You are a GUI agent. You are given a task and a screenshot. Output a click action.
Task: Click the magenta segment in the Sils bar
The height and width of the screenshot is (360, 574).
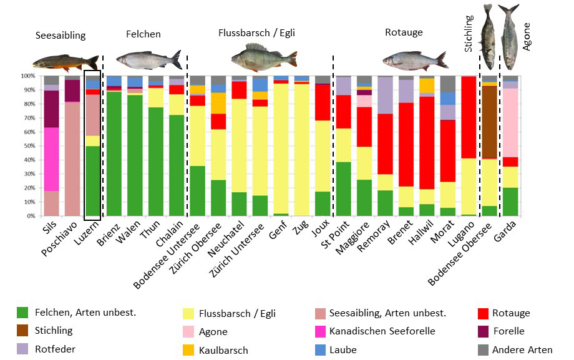tap(51, 159)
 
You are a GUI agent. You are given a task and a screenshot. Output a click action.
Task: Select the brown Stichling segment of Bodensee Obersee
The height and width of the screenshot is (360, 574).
tap(489, 122)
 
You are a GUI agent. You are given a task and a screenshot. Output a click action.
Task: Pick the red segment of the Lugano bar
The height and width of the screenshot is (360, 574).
tap(469, 117)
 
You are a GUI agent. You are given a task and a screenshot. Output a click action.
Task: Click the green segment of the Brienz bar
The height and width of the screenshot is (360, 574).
tap(114, 154)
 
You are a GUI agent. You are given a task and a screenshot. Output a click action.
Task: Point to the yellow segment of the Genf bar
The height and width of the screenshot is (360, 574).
tap(281, 148)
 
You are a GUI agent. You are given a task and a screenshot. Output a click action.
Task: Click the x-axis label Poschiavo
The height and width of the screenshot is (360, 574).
tap(60, 239)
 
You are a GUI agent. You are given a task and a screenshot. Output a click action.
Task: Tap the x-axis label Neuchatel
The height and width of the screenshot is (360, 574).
tap(226, 239)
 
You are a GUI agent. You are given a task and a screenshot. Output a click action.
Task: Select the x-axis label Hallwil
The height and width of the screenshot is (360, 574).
tap(421, 232)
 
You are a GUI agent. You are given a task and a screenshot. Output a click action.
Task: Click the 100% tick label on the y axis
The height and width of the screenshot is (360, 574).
tap(28, 76)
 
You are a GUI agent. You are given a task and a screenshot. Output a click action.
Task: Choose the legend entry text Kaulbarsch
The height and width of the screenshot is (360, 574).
tap(223, 351)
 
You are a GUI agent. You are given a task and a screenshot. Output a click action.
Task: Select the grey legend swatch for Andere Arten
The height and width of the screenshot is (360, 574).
tap(483, 350)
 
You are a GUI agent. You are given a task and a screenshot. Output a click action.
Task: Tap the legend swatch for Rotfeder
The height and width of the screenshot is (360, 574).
tap(22, 349)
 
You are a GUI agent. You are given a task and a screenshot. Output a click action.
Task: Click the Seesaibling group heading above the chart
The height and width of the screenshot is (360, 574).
tap(61, 36)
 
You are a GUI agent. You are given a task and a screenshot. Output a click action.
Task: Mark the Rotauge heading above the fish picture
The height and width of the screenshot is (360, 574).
tap(404, 32)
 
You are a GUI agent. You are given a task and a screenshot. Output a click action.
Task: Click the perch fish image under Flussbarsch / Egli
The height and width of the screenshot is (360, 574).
tap(264, 57)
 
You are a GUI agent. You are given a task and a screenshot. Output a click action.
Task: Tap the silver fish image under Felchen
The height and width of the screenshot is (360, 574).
tap(149, 59)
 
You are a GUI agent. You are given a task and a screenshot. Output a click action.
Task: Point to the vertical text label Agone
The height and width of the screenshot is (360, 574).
tap(527, 37)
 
